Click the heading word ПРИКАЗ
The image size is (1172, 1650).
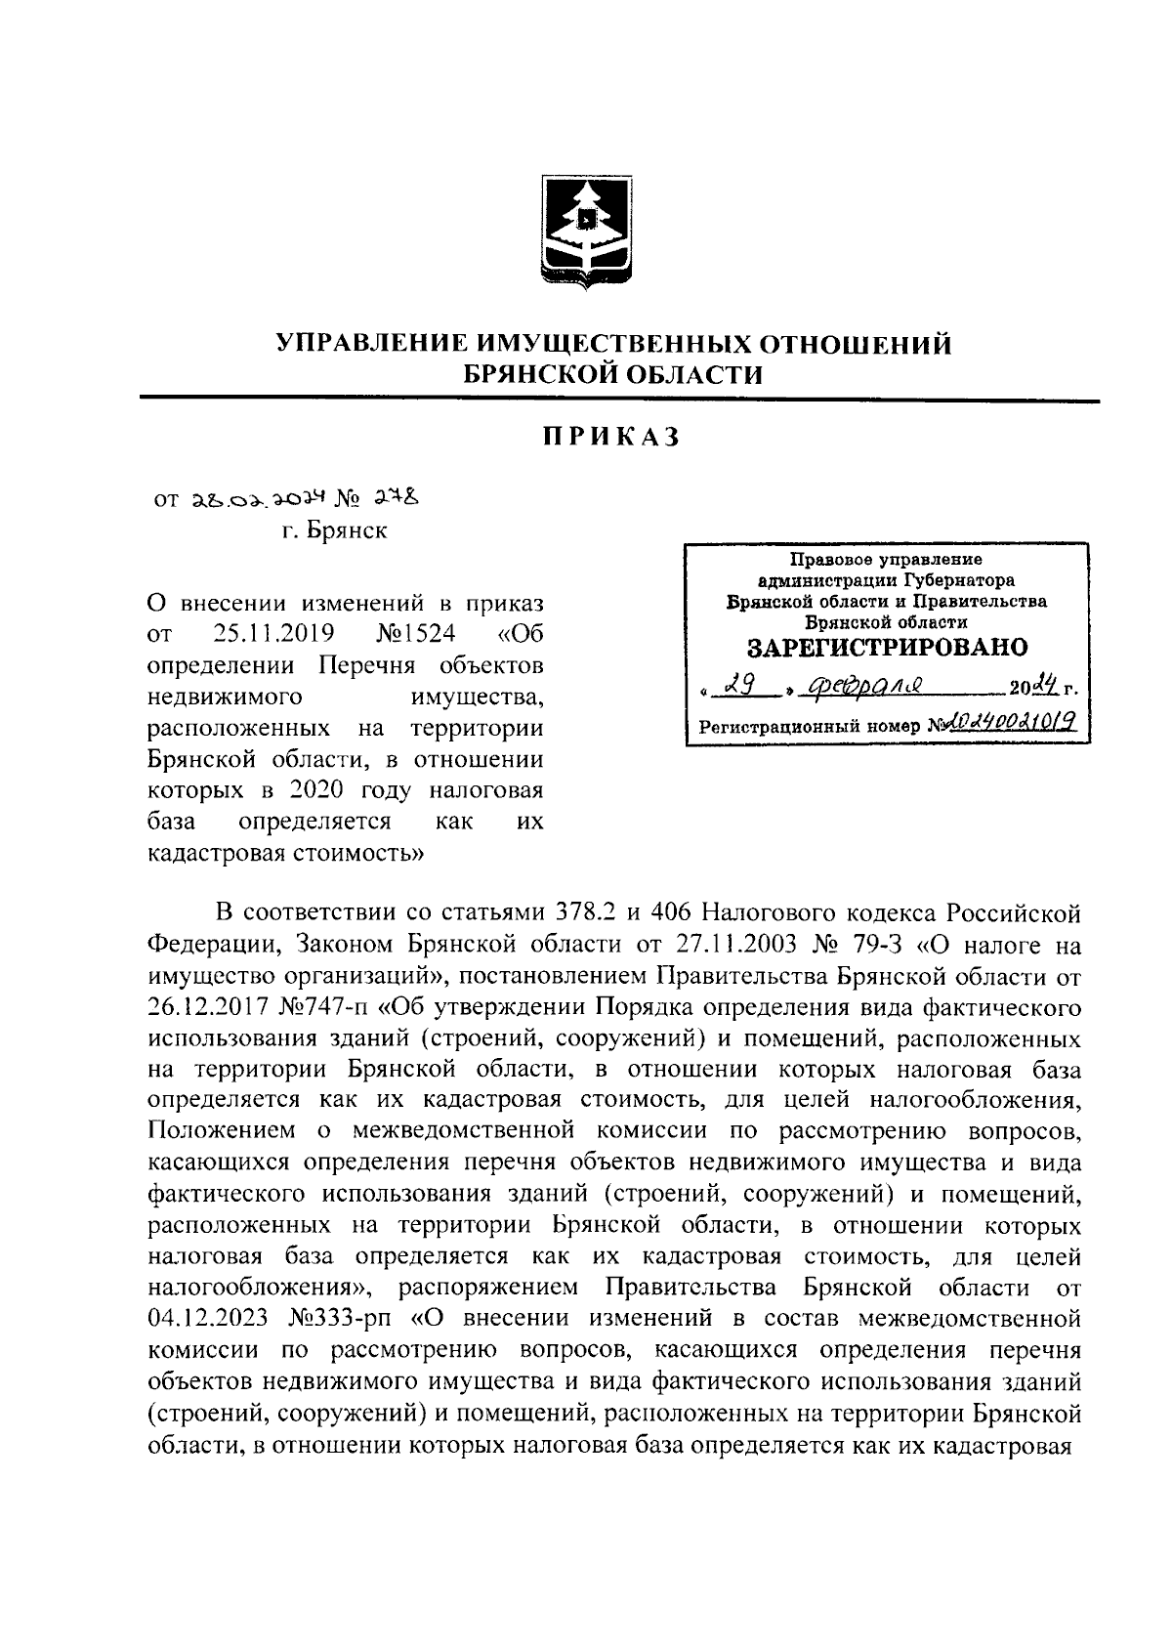pyautogui.click(x=611, y=438)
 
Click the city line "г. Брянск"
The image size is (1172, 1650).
pyautogui.click(x=334, y=531)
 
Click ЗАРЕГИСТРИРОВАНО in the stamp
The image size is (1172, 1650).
pyautogui.click(x=887, y=648)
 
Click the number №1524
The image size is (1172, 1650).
pyautogui.click(x=415, y=634)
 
